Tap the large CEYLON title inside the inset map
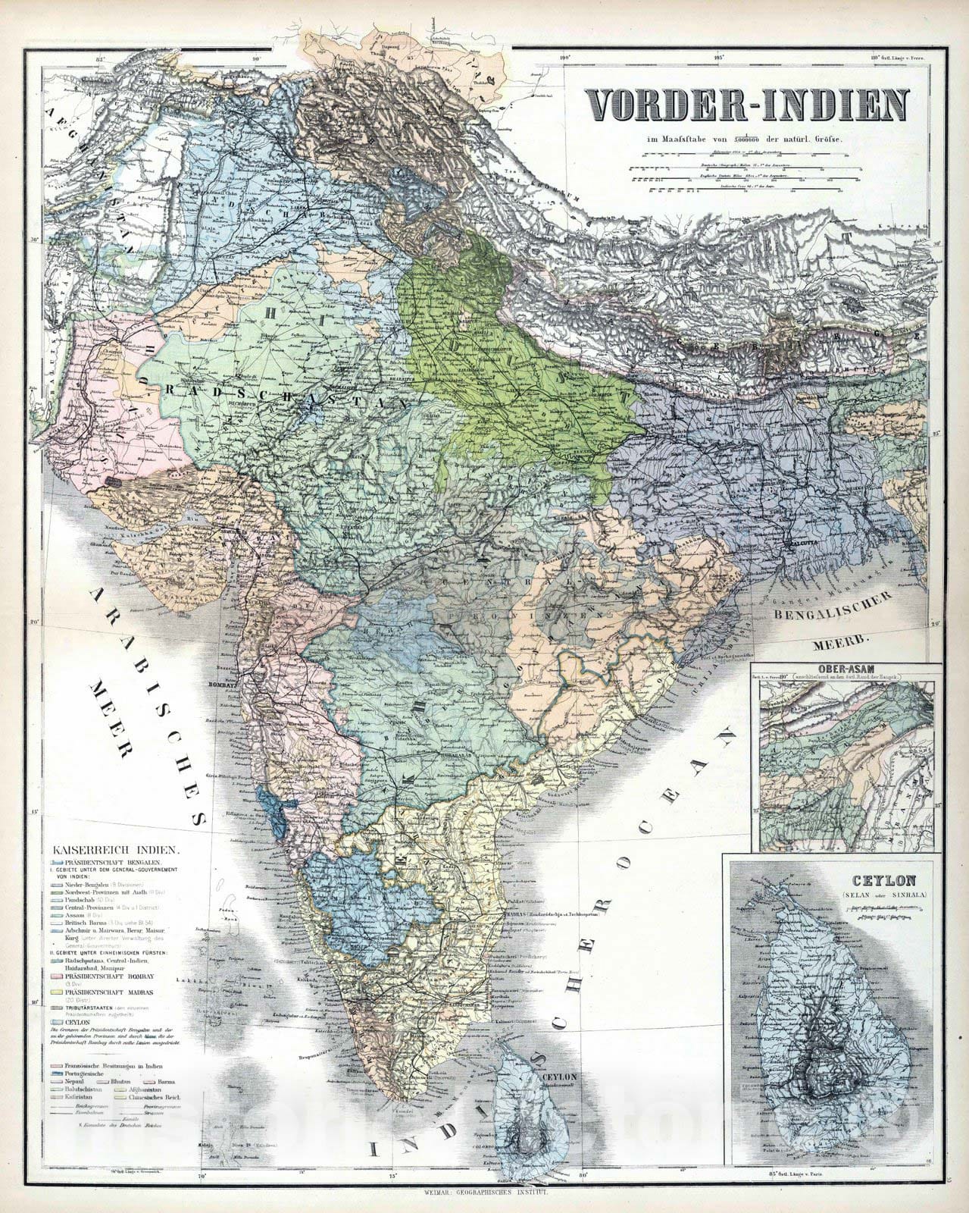coord(894,881)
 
